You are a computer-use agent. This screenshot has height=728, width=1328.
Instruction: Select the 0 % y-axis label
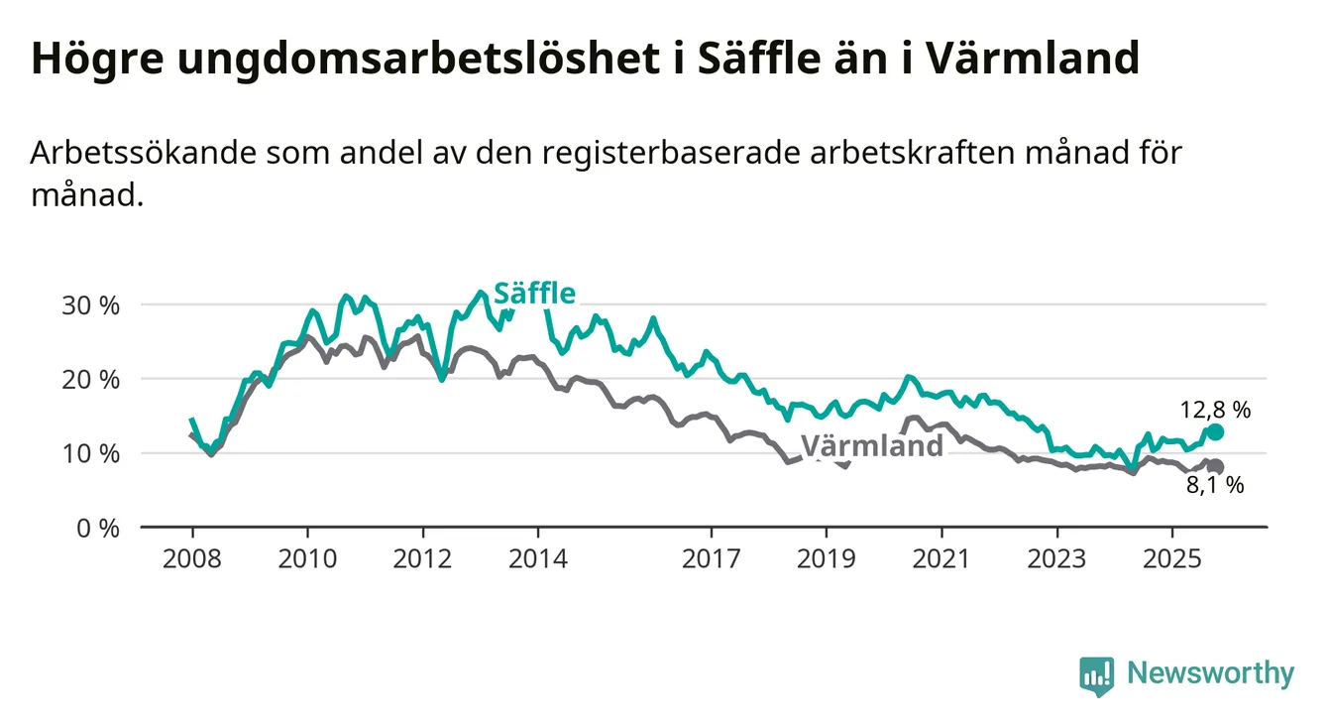(x=98, y=528)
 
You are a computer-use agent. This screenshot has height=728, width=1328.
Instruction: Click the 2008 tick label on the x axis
(x=191, y=558)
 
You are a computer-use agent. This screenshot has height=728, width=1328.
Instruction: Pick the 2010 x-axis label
(x=307, y=558)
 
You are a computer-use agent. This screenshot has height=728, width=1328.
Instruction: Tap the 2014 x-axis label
(x=538, y=558)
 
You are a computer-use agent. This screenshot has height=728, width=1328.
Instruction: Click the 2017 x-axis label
(x=712, y=558)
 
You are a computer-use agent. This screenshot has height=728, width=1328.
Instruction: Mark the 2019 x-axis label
(x=827, y=558)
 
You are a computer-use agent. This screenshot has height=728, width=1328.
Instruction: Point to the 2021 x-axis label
(x=941, y=558)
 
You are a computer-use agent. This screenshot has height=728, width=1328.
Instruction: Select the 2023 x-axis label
(x=1057, y=558)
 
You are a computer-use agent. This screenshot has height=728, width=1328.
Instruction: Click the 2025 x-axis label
(x=1172, y=558)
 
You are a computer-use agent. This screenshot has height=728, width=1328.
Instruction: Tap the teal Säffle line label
(x=534, y=294)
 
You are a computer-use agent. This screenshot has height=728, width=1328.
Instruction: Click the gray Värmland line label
(x=872, y=445)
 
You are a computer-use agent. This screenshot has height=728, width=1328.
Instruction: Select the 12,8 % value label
(x=1215, y=408)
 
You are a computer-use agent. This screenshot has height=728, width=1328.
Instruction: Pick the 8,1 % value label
(x=1215, y=485)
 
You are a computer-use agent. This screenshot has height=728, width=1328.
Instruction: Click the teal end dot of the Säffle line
(x=1215, y=431)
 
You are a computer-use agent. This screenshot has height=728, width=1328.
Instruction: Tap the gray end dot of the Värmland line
(x=1216, y=466)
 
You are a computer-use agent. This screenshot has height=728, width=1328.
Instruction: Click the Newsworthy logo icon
(x=1095, y=675)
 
